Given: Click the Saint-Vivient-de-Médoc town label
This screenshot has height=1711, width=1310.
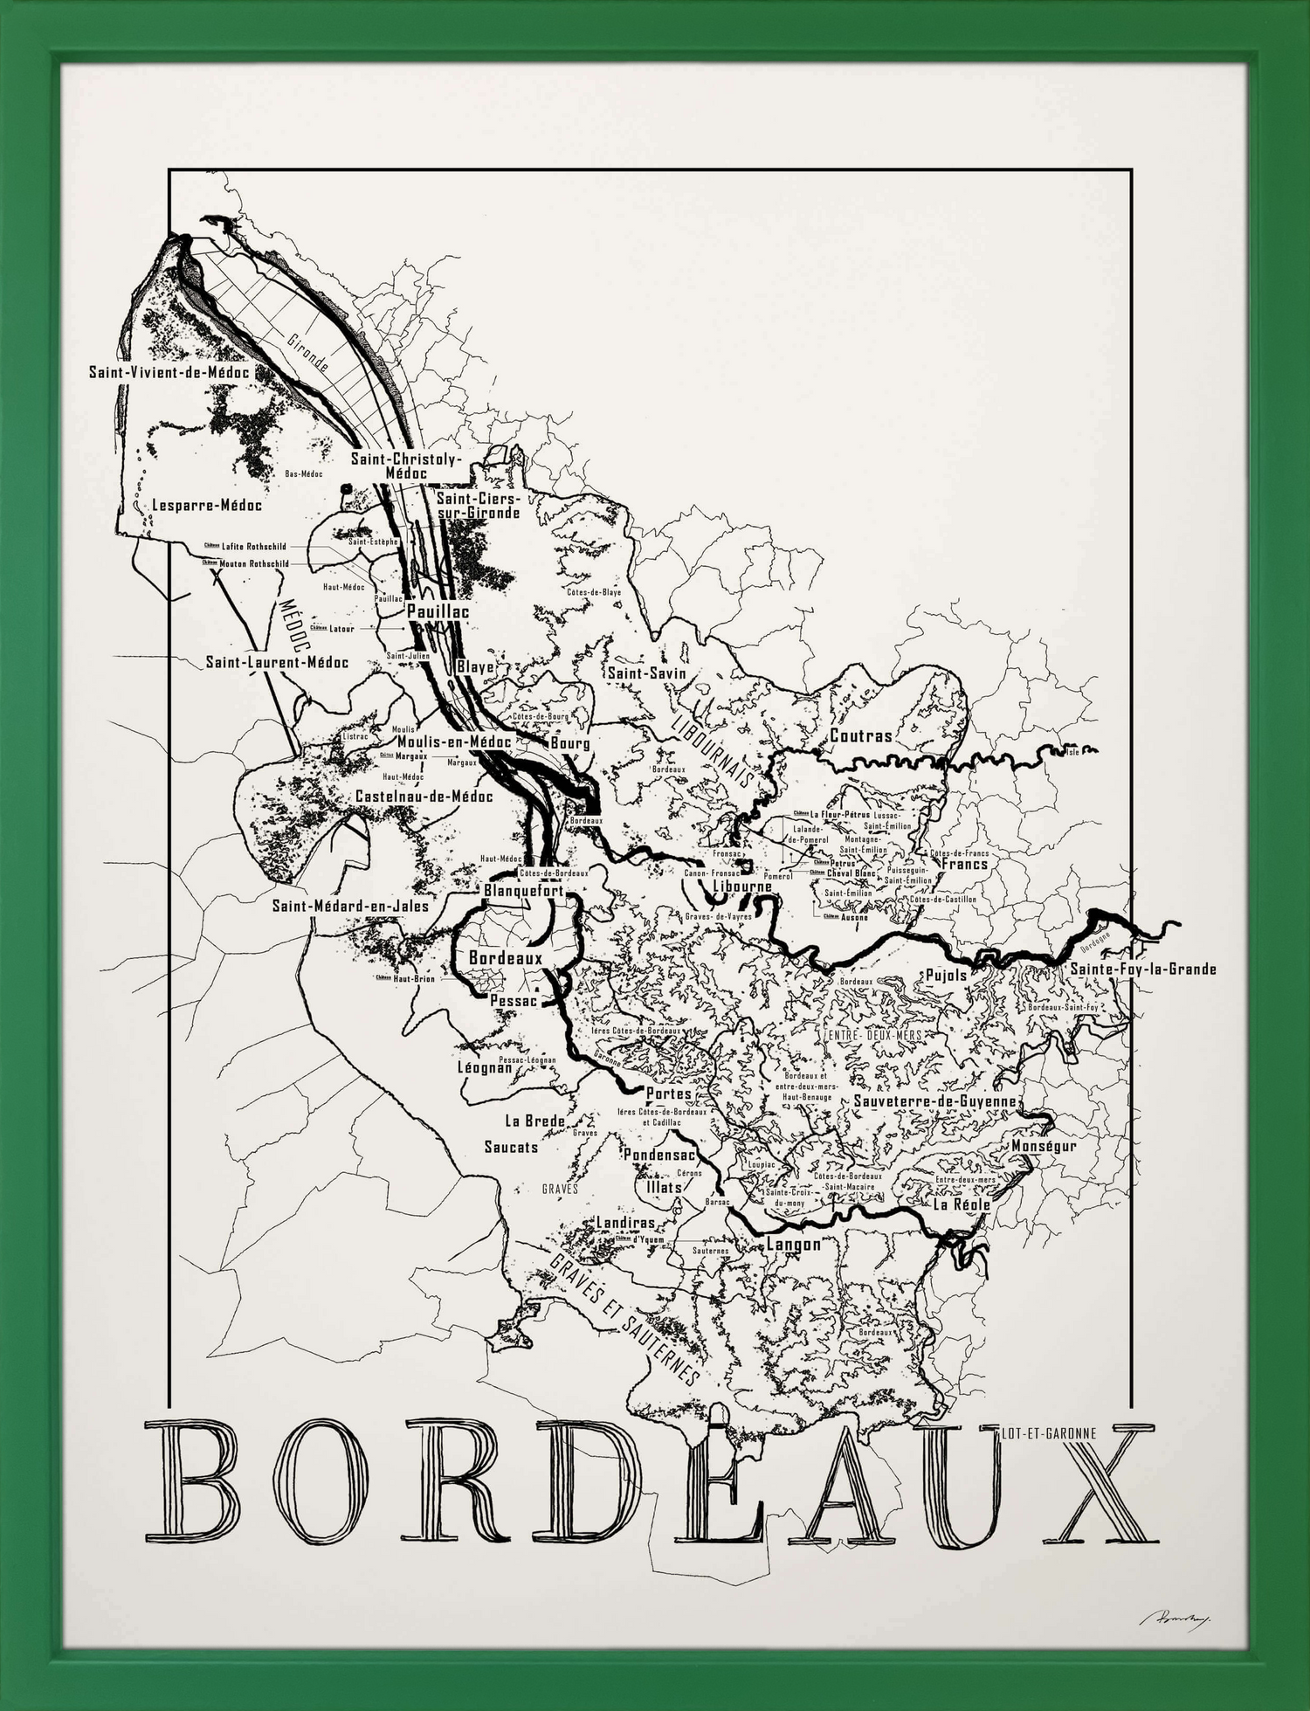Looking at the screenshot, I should click(169, 372).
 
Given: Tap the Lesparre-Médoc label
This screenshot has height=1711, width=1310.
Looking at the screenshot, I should click(206, 505).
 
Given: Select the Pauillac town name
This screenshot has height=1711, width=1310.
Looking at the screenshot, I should click(438, 611).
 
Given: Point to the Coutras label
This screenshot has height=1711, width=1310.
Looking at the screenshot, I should click(861, 735).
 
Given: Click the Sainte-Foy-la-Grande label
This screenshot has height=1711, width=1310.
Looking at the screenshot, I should click(1142, 969).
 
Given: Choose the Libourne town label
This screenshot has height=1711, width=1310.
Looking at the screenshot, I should click(742, 887).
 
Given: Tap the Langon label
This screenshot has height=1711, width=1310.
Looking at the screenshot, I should click(793, 1244).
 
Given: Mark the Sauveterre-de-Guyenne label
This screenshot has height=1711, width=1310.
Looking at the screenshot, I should click(934, 1101).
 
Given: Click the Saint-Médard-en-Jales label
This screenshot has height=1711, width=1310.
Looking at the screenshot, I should click(350, 906).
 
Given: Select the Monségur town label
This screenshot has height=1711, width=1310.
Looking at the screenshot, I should click(1044, 1146).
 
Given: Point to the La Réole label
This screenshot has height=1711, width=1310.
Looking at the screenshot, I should click(962, 1204).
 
